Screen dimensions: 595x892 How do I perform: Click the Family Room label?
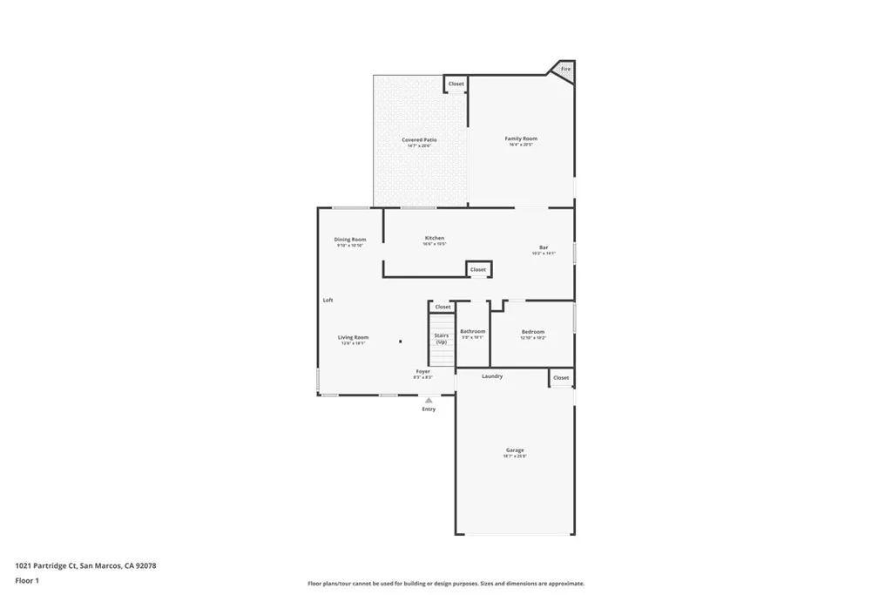coord(521,139)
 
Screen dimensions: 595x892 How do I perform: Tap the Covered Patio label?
coord(419,140)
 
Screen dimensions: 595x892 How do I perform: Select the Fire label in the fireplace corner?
coord(565,69)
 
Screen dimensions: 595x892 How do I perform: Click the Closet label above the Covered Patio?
coord(456,84)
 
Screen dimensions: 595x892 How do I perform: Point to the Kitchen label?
coord(434,238)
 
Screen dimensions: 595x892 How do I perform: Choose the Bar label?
coord(543,248)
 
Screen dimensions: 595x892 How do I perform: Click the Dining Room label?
coord(350,240)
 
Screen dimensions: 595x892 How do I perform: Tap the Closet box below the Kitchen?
coord(478,270)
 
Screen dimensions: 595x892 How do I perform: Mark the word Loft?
coord(328,300)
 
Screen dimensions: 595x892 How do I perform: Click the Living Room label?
coord(354,337)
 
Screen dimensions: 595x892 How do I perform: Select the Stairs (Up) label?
coord(442,338)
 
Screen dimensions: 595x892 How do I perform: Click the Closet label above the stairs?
coord(443,307)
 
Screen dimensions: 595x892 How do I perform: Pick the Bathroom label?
coord(473,331)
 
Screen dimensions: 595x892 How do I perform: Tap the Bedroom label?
coord(533,332)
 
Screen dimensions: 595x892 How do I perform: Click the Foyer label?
coord(422,371)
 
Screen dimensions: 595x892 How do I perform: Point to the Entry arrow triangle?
coord(429,400)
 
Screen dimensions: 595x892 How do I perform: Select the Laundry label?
coord(492,376)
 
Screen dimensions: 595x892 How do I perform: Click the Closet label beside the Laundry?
coord(561,377)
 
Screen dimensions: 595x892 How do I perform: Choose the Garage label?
coord(515,450)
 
